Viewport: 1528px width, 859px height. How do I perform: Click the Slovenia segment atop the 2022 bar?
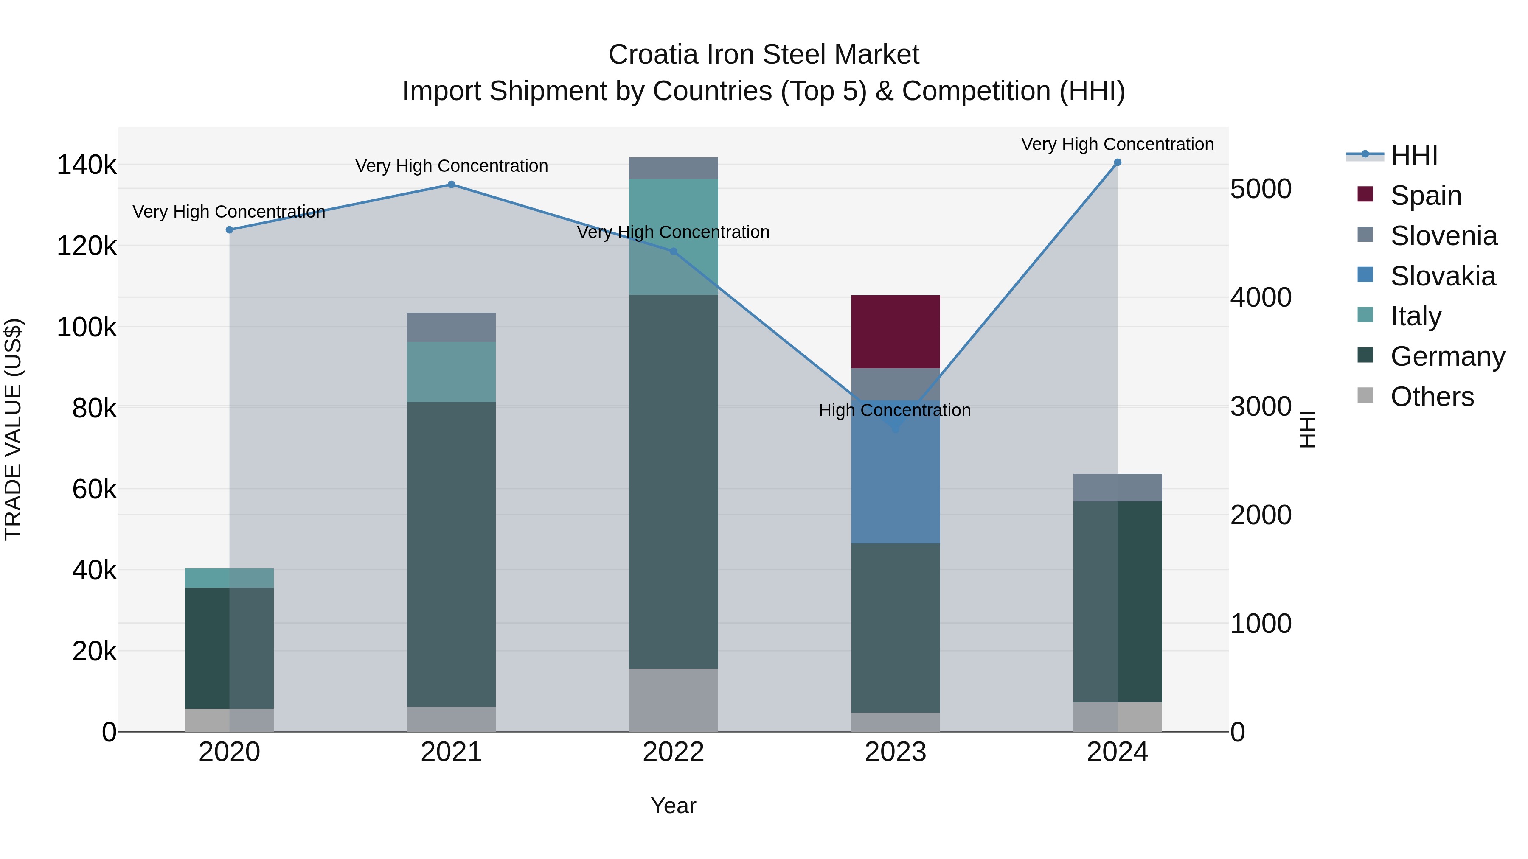click(x=673, y=168)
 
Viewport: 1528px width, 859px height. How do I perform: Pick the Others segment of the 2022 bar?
click(x=673, y=700)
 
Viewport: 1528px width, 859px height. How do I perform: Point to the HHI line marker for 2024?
click(x=1118, y=162)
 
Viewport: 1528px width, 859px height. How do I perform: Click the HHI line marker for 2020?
click(x=230, y=230)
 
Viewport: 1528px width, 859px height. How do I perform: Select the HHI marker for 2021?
click(x=452, y=185)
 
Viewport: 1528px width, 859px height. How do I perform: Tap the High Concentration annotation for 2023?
click(x=894, y=410)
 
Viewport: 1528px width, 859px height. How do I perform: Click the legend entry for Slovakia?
click(x=1443, y=276)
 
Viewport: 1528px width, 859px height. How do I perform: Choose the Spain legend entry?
click(x=1425, y=196)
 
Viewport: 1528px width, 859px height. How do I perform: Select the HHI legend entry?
click(x=1413, y=155)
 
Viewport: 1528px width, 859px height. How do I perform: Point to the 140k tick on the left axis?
click(x=87, y=165)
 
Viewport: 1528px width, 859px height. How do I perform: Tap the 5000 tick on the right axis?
click(x=1261, y=189)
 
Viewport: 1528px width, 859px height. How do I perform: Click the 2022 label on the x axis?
click(x=673, y=752)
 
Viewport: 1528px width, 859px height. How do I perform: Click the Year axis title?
click(x=673, y=806)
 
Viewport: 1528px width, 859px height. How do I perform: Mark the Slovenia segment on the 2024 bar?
click(x=1118, y=487)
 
